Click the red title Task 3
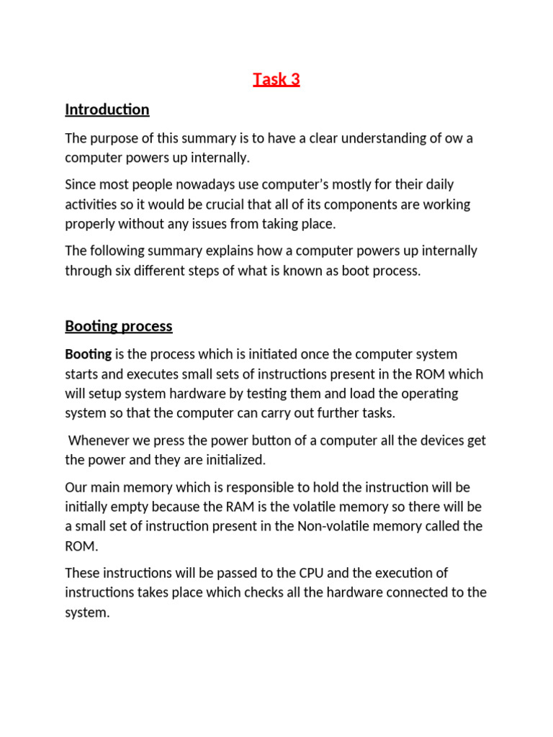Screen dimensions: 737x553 [276, 79]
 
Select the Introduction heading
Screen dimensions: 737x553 [107, 109]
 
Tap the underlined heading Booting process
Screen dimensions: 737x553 [119, 326]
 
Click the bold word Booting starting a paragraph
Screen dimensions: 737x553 [89, 354]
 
